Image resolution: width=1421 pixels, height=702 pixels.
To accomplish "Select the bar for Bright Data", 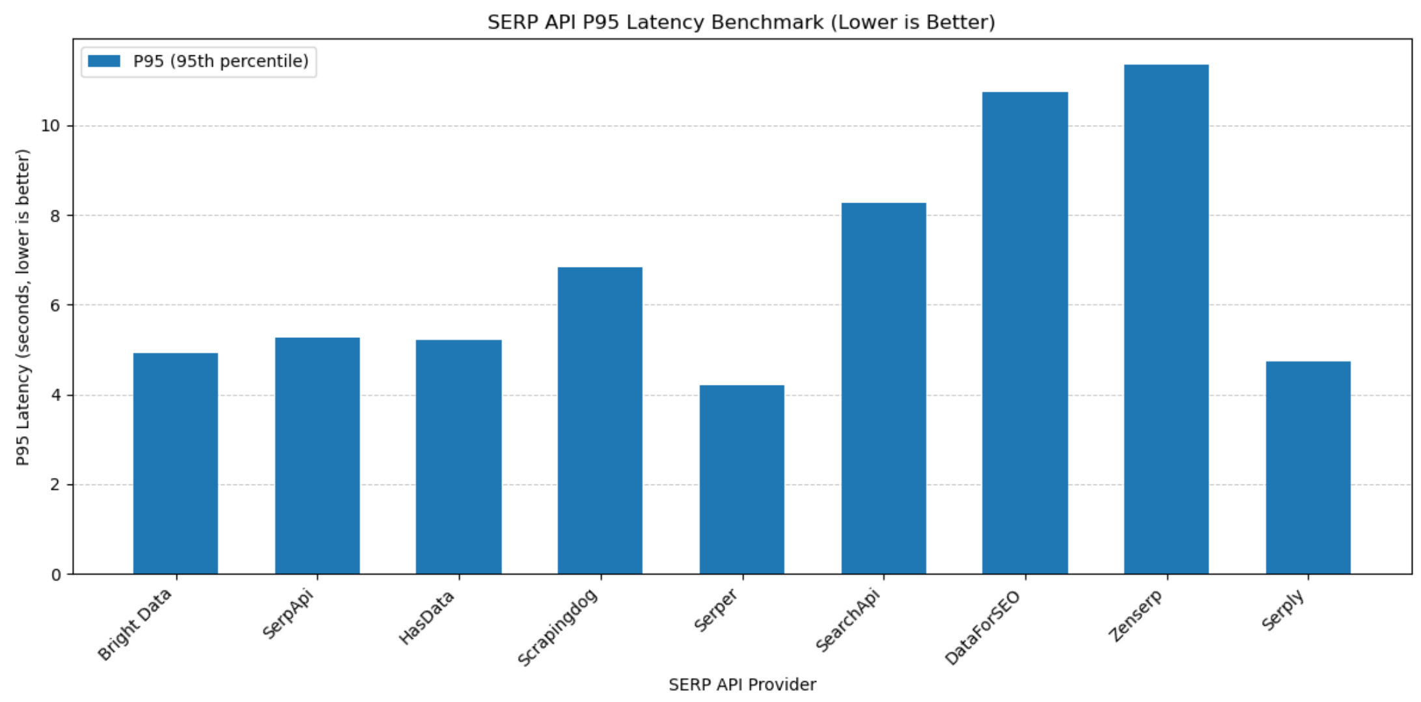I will [x=176, y=463].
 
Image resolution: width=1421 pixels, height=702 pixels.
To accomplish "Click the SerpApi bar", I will [x=317, y=455].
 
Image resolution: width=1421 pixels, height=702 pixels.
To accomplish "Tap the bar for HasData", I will [x=459, y=456].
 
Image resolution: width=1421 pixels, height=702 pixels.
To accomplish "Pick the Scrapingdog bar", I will [x=600, y=420].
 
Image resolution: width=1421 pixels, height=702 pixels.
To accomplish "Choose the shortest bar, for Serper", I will [x=742, y=479].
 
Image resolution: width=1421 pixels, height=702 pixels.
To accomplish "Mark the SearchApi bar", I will [x=883, y=388].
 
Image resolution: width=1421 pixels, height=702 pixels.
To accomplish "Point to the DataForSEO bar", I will [x=1025, y=333].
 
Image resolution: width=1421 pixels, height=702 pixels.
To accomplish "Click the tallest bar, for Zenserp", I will [x=1166, y=319].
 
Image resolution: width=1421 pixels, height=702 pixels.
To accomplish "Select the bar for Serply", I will [x=1308, y=468].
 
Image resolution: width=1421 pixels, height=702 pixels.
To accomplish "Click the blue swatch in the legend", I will [x=104, y=61].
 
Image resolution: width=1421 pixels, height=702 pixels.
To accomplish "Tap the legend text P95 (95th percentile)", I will [x=221, y=61].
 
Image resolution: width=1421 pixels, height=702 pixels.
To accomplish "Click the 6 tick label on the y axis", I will [x=55, y=305].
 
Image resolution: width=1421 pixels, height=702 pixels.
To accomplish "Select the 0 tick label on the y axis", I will [x=56, y=574].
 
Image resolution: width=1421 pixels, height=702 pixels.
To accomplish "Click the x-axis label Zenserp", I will [x=1135, y=616].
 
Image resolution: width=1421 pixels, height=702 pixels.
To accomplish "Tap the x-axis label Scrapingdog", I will [x=557, y=628].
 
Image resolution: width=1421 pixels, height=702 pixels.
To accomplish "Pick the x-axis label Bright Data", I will [x=135, y=625].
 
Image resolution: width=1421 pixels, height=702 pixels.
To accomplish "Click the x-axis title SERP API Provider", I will [x=742, y=684].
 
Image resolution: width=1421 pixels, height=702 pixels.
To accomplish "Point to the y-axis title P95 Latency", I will [x=23, y=307].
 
